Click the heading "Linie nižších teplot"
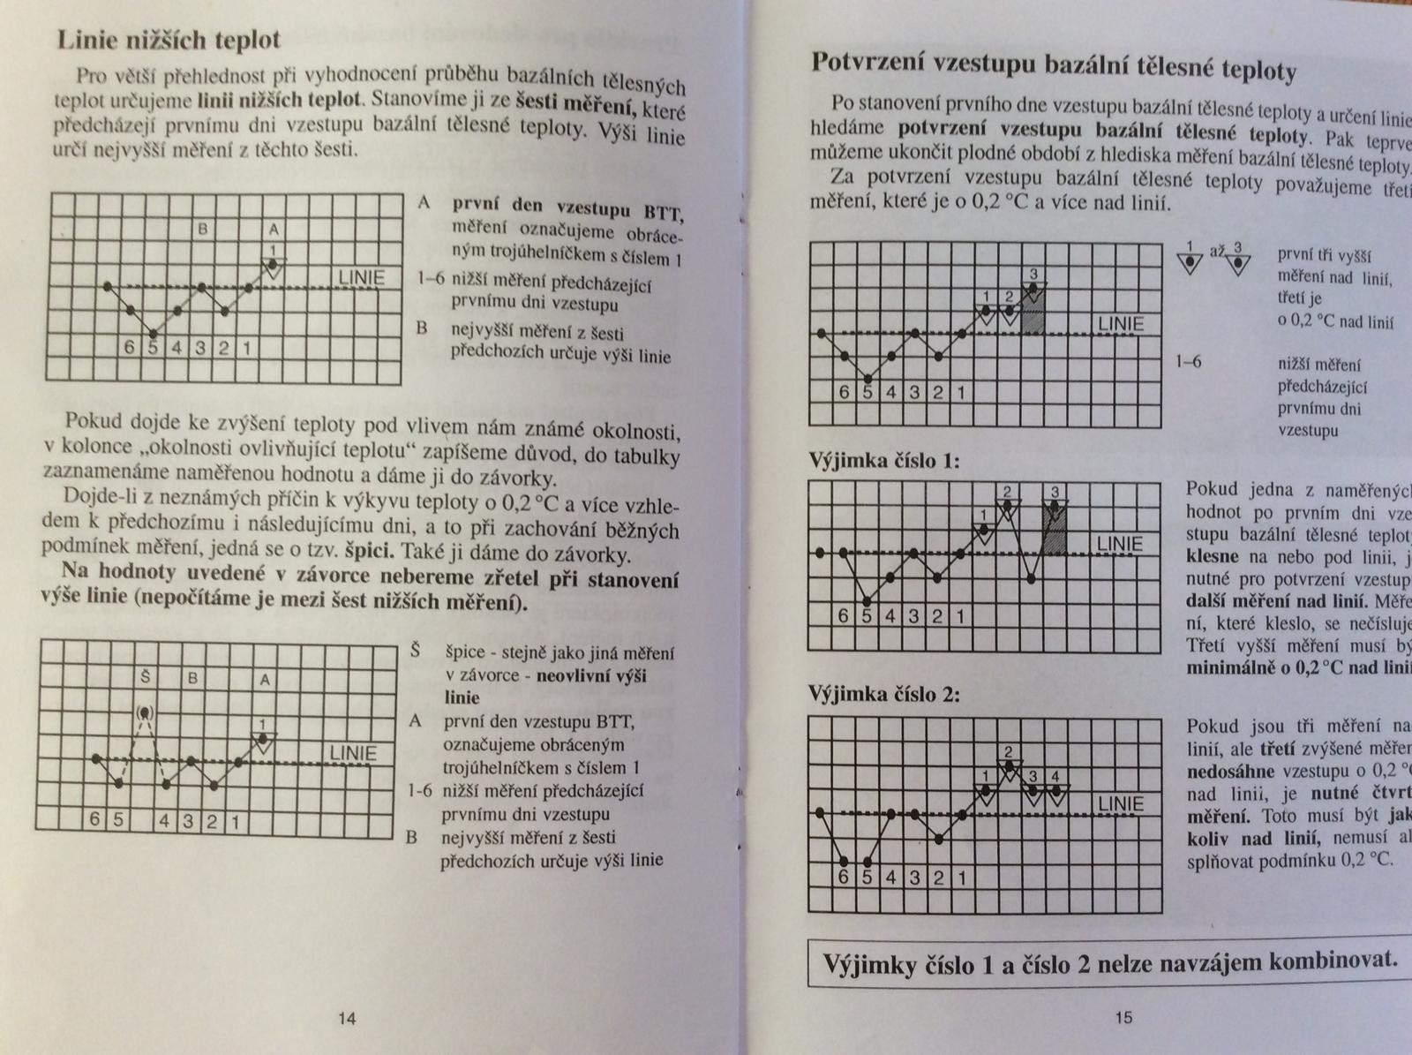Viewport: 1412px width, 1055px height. [169, 40]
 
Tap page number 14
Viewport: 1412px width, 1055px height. [347, 1018]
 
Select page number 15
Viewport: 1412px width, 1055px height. [1123, 1017]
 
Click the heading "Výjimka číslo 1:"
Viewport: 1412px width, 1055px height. [884, 461]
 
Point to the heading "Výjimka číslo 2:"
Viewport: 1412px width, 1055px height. [884, 694]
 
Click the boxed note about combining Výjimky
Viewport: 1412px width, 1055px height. [1109, 962]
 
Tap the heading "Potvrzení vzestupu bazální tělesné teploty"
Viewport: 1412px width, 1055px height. [1053, 65]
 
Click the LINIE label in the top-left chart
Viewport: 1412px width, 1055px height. [362, 278]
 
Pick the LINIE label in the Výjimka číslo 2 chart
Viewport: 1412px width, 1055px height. [1121, 803]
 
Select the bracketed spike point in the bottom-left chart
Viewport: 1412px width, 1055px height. [145, 712]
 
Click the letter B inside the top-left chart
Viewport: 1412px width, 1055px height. [202, 230]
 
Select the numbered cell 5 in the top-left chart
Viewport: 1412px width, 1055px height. [153, 347]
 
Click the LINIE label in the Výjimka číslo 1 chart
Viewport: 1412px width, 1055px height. [1120, 544]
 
